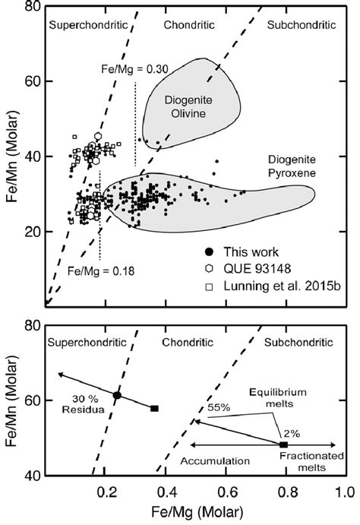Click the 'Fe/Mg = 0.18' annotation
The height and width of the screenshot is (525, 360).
95,270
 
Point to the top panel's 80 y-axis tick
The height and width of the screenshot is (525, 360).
32,7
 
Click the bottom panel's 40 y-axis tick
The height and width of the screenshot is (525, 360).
32,476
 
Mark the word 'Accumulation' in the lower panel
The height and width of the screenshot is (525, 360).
219,460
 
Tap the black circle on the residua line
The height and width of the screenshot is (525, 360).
117,395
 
